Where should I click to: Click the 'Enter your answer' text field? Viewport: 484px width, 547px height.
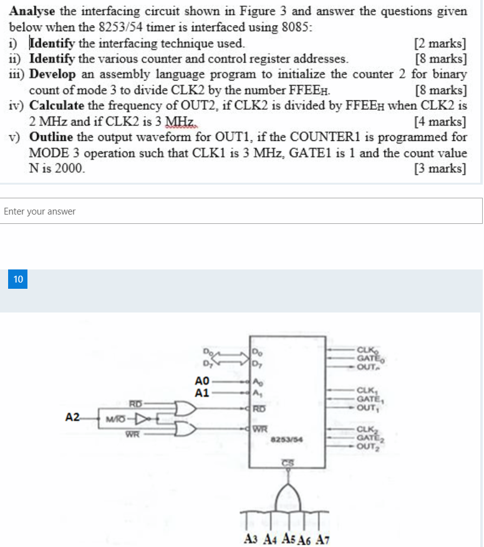[241, 211]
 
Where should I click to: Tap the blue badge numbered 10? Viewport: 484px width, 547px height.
[17, 279]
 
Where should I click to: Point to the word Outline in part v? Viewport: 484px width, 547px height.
[51, 137]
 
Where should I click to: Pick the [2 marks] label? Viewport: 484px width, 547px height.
[440, 44]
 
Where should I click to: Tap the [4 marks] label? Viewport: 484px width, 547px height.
[440, 121]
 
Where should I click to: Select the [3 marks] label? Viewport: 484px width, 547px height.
[440, 168]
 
